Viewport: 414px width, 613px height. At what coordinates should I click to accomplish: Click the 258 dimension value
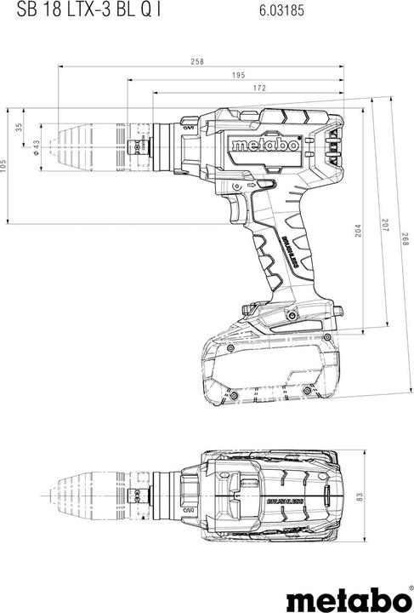tap(197, 60)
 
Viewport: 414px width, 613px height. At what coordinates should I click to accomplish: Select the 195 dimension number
tap(238, 74)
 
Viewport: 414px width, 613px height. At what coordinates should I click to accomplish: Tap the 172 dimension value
tap(259, 88)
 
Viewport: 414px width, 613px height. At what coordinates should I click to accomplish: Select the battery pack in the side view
tap(267, 367)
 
